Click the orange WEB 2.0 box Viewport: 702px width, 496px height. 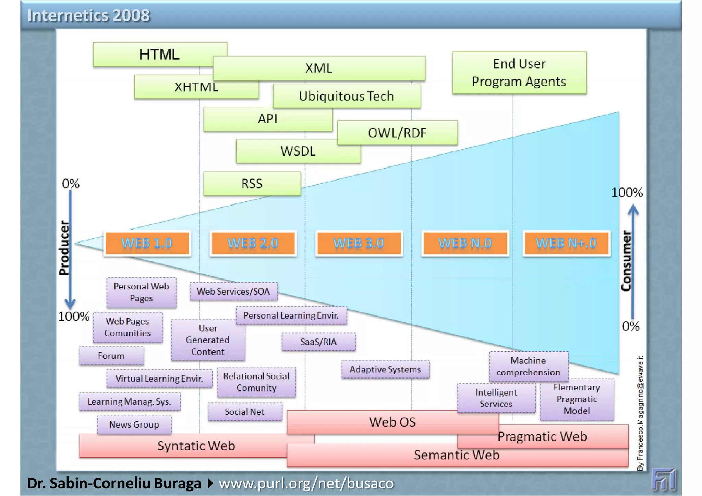coord(253,243)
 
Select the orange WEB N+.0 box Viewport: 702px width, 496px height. coord(566,243)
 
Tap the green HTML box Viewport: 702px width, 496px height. coord(159,54)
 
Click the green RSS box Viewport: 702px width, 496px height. coord(252,184)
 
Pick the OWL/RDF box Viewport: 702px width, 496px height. coord(397,133)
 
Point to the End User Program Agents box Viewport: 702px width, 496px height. coord(519,73)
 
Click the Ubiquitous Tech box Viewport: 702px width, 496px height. coord(346,96)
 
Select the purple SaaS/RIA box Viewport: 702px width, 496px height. coord(318,342)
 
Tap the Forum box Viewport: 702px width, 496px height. coord(111,356)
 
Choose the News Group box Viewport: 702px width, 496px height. coord(134,425)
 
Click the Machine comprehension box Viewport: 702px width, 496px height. coord(528,366)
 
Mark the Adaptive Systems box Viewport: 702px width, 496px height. coord(385,369)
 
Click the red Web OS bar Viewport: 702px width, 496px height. coord(392,422)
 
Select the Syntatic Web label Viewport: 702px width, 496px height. coord(196,446)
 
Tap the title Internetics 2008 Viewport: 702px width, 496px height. coord(88,15)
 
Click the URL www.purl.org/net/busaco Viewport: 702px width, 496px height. coord(306,483)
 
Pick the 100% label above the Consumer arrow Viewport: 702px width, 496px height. coord(627,193)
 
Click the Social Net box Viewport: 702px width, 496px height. coord(244,412)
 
